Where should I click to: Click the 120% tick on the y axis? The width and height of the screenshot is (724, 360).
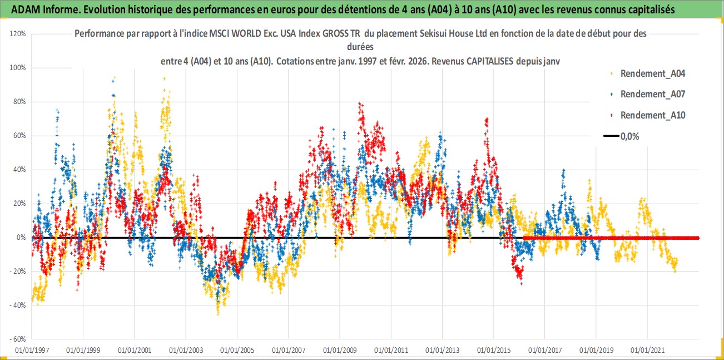[18, 33]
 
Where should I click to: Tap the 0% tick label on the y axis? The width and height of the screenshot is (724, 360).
[21, 238]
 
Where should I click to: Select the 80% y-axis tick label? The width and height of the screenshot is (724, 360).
[19, 102]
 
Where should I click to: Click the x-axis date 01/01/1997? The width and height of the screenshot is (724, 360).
[32, 351]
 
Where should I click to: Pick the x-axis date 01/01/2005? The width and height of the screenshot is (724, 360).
[237, 351]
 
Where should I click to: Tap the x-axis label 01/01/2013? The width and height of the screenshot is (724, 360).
[443, 351]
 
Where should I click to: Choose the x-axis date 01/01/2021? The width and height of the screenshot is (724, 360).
[648, 351]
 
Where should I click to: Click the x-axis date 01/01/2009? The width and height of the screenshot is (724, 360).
[340, 351]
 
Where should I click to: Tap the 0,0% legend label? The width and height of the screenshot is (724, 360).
[629, 136]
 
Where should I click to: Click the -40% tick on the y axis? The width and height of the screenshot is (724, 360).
[18, 305]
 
